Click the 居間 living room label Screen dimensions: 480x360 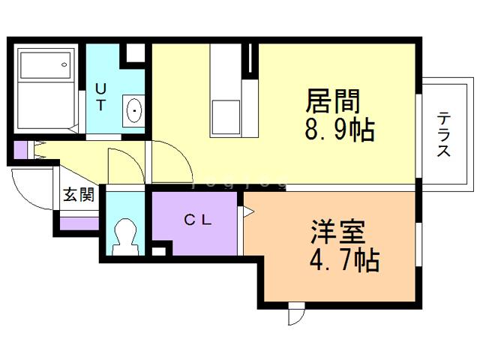[333, 100]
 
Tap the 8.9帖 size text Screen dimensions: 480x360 [340, 130]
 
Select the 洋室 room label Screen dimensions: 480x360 [338, 232]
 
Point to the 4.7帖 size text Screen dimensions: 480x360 [345, 260]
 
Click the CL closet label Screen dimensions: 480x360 [198, 220]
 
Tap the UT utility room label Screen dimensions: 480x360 [100, 97]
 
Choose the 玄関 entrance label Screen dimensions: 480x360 [79, 194]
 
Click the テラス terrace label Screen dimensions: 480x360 [443, 135]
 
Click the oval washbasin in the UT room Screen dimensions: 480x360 [134, 110]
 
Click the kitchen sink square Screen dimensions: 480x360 [226, 117]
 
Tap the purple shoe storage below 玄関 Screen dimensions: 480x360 [79, 223]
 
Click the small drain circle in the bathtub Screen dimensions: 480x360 [64, 64]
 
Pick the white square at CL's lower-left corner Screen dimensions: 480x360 [158, 251]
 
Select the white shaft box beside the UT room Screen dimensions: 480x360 [135, 52]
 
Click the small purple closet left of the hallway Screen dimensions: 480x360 [21, 150]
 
